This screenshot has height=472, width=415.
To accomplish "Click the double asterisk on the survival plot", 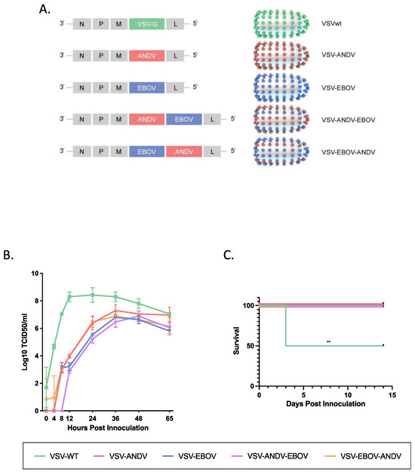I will coord(329,342).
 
